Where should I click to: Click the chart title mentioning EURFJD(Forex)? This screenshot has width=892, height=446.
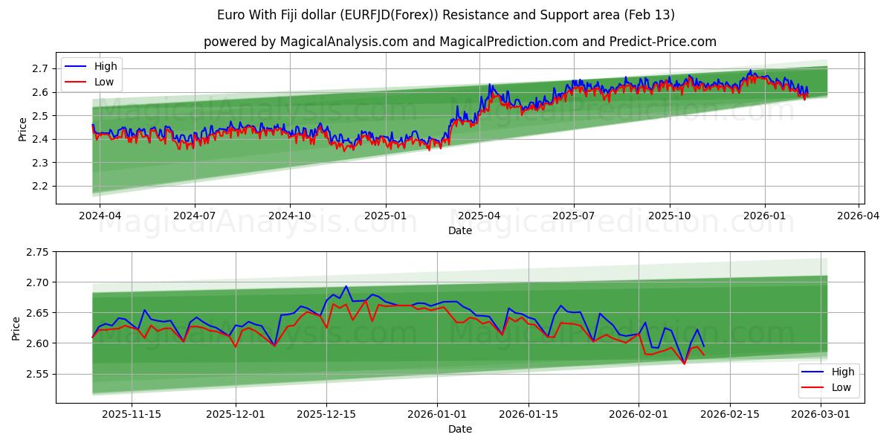(x=446, y=15)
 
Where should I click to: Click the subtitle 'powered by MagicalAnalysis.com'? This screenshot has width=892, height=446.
(x=306, y=42)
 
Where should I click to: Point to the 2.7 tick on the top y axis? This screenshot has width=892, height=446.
(x=41, y=68)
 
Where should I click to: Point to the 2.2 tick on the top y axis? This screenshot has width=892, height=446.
(x=41, y=186)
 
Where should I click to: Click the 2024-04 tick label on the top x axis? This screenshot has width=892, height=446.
(x=100, y=216)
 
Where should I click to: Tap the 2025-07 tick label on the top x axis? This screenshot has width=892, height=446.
(x=574, y=216)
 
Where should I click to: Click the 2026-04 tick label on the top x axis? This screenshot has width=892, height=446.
(x=859, y=216)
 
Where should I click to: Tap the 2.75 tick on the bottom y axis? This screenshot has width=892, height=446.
(x=37, y=252)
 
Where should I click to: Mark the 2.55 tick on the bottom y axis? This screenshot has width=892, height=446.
(x=37, y=374)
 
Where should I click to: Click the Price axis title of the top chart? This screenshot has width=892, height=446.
(x=22, y=129)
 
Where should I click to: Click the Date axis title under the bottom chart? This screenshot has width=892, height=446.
(x=460, y=429)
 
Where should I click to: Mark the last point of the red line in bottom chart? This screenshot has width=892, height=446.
(x=704, y=355)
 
